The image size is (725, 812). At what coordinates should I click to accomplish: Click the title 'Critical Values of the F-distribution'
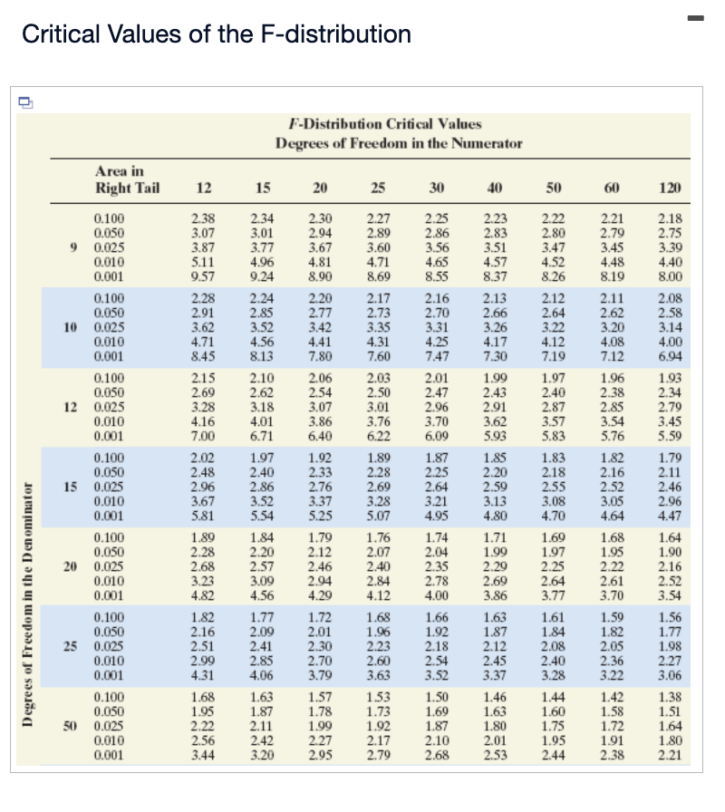click(x=216, y=34)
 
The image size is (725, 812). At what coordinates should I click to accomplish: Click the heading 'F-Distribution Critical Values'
click(x=384, y=124)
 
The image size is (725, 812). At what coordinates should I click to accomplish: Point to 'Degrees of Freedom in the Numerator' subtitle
click(x=399, y=144)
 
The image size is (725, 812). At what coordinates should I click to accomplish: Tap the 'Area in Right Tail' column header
click(x=127, y=179)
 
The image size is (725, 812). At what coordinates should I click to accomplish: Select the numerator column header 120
click(x=670, y=188)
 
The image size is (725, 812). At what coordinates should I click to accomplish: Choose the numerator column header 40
click(x=495, y=188)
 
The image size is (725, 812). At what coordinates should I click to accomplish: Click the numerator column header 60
click(x=612, y=188)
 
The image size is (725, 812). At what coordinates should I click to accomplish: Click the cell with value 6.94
click(x=669, y=358)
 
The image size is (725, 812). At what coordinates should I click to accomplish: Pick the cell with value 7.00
click(x=204, y=437)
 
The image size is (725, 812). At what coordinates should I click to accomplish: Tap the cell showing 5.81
click(x=204, y=516)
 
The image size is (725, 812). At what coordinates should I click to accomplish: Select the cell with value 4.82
click(x=204, y=594)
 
